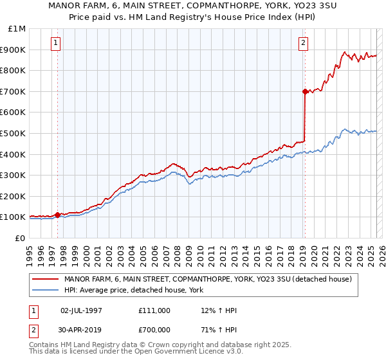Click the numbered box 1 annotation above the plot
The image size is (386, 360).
coord(56,44)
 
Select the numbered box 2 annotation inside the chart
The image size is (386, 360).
coord(303,44)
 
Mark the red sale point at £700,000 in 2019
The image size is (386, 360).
coord(305,91)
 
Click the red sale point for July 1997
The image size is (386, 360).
coord(57,215)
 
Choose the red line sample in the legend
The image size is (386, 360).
coord(45,279)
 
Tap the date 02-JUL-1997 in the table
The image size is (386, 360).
coord(81,310)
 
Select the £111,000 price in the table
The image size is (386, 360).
coord(154,310)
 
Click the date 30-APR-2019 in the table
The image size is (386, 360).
coord(81,329)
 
